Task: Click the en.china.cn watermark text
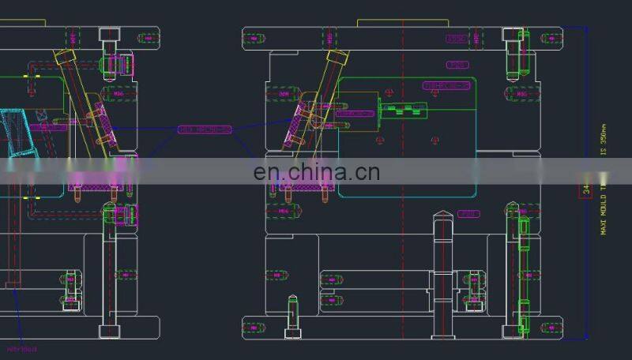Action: click(x=316, y=171)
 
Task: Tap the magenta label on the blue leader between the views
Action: click(x=205, y=129)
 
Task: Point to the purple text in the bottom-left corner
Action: click(x=21, y=348)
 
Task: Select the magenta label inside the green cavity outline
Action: click(x=446, y=84)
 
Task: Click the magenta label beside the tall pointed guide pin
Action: click(x=468, y=214)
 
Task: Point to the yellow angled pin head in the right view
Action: click(x=336, y=58)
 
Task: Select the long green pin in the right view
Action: click(x=521, y=268)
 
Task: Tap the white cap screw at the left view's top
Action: click(x=109, y=36)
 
